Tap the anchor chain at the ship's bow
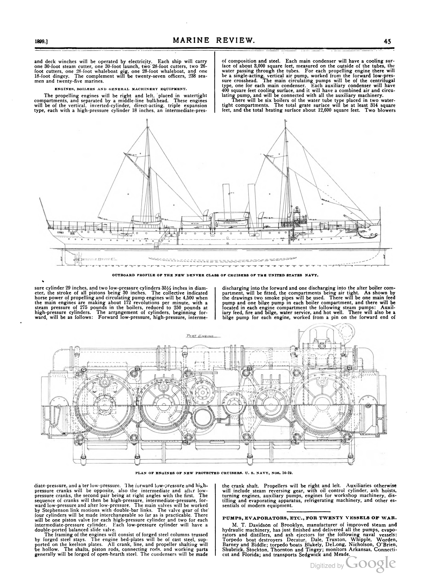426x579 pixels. click(x=367, y=235)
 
